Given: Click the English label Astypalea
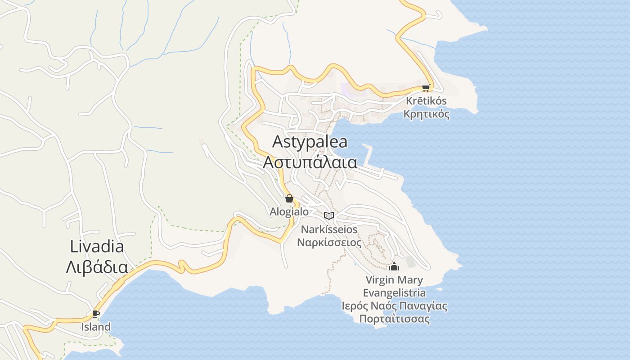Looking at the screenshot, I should [310, 142].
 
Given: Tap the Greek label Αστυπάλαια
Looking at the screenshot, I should [310, 162].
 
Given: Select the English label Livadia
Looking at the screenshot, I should [97, 247].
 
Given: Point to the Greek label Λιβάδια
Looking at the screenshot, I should [97, 267].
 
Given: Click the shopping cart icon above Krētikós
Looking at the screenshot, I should [426, 88].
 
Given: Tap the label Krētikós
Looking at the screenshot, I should [426, 101].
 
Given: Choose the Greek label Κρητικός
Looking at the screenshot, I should [426, 114].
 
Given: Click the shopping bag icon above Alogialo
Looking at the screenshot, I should [289, 198].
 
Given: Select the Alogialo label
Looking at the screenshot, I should [289, 211].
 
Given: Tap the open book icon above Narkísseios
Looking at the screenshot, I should [329, 216].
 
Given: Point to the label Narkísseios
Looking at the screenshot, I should [329, 229].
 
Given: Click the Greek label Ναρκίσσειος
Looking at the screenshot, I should [329, 243].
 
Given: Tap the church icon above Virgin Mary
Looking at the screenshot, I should [394, 266].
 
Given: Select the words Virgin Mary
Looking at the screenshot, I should [394, 280].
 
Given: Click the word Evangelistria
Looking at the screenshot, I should [394, 293].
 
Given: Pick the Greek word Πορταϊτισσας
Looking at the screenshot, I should [394, 319].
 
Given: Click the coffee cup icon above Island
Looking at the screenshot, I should [95, 313].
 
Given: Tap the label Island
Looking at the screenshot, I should [96, 327].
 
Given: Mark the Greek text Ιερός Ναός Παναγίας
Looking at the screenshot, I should [394, 306].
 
